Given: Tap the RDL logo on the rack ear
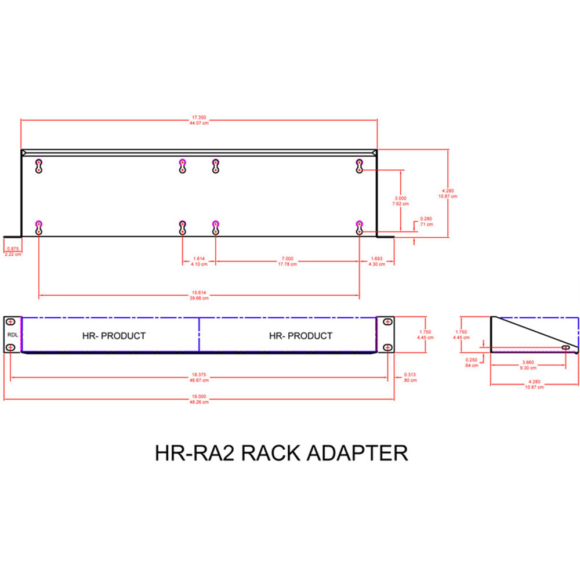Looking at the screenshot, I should (12, 335).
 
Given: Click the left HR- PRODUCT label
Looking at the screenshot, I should (113, 335).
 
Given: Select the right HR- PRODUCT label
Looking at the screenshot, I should (300, 335).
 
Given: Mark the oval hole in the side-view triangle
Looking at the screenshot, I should (565, 347).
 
